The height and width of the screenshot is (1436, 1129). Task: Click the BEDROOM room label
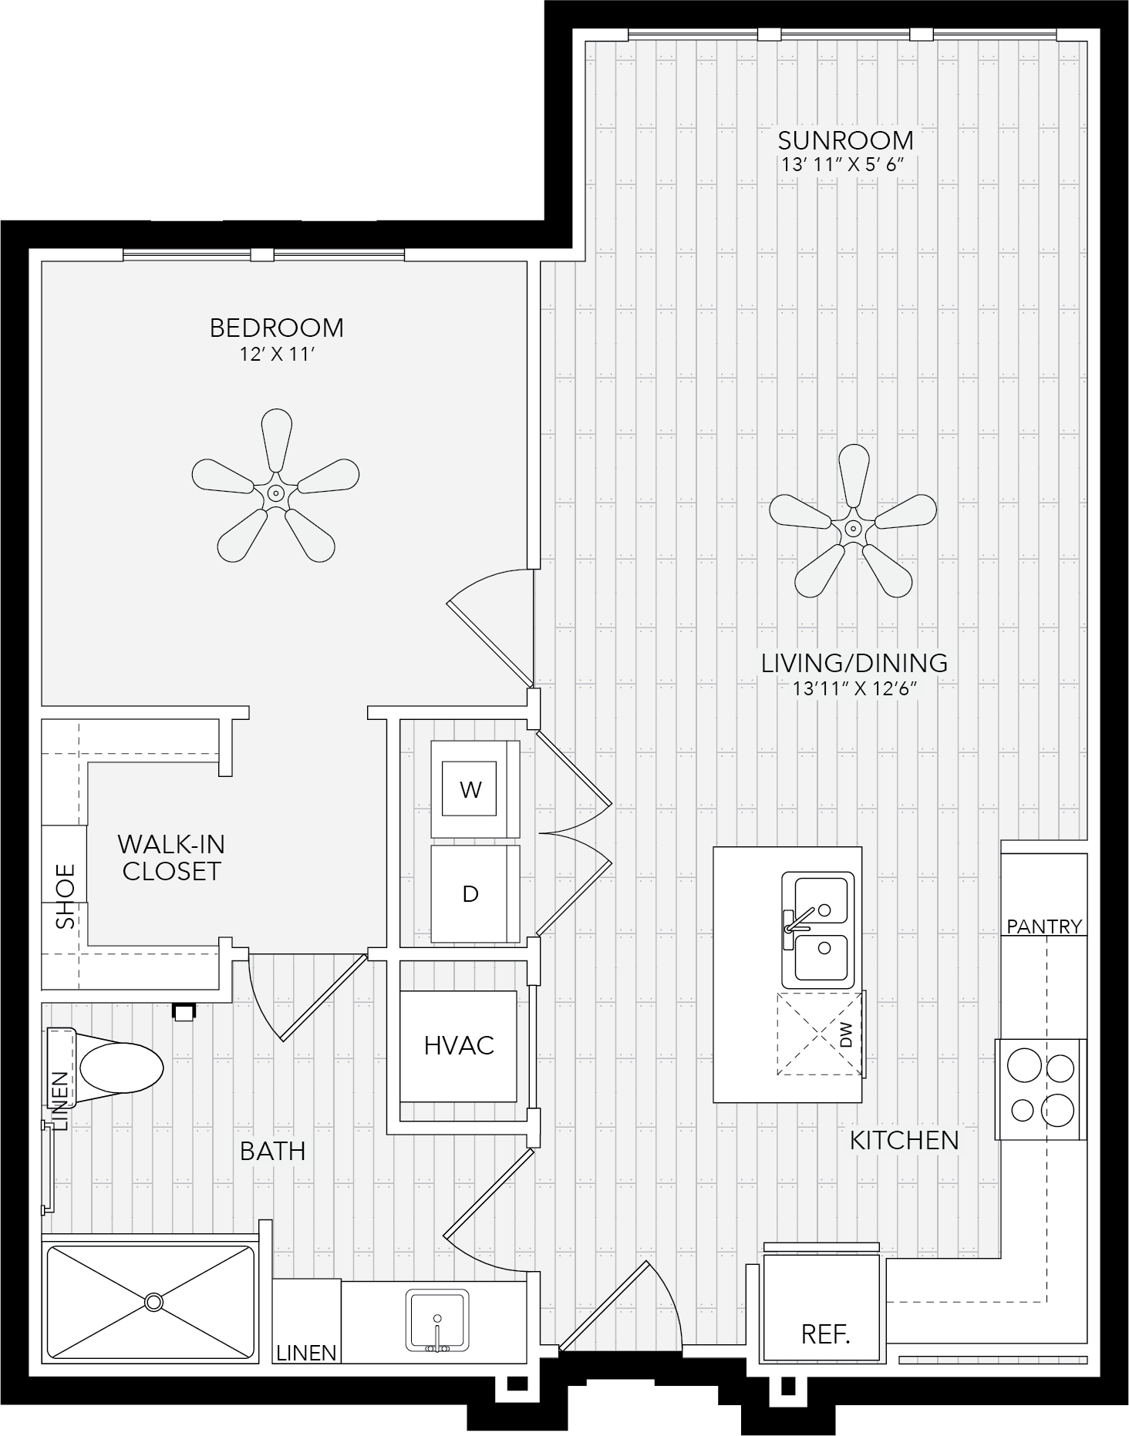coord(276,328)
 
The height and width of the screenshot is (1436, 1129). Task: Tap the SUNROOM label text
coord(845,141)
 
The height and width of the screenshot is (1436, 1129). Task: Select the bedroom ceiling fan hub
coord(275,493)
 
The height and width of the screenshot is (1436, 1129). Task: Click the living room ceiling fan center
coord(853,529)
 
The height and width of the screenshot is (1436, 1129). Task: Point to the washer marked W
coord(474,789)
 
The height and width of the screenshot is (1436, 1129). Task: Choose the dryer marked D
coord(474,893)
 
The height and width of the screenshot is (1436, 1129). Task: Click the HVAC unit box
coord(458,1046)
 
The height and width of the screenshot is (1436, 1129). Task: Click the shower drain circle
coord(154,1302)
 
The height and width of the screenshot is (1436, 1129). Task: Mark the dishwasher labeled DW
coord(820,1034)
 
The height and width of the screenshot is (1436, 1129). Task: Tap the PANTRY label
coord(1045,927)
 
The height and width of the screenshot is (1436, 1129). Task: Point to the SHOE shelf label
coord(66,896)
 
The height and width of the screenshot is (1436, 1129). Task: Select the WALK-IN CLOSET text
coord(171,858)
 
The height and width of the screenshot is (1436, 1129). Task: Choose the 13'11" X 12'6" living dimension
coord(854,689)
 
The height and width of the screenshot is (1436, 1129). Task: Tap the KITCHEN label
coord(904,1141)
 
